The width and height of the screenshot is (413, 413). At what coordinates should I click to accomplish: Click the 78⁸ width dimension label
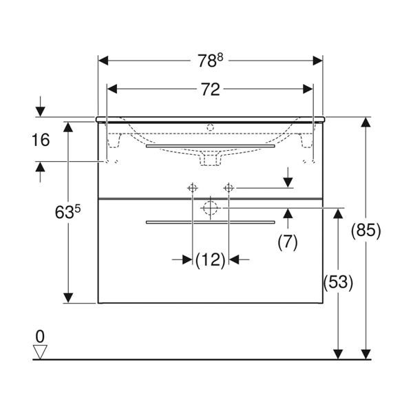(x=210, y=61)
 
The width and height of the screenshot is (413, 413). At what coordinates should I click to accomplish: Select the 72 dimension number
(x=211, y=89)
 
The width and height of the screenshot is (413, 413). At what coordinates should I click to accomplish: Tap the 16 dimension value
(x=41, y=140)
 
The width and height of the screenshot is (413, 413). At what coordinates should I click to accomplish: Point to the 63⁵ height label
(x=67, y=212)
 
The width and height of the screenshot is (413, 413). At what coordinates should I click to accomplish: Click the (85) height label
(x=366, y=231)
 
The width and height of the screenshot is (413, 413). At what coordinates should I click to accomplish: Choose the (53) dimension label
(x=338, y=283)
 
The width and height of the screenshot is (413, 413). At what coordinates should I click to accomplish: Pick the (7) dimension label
(x=288, y=242)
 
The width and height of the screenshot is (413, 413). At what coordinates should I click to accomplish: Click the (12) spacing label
(x=211, y=260)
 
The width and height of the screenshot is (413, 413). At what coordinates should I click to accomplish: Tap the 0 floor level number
(x=40, y=337)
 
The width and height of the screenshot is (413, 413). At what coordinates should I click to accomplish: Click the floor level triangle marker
(x=40, y=352)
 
